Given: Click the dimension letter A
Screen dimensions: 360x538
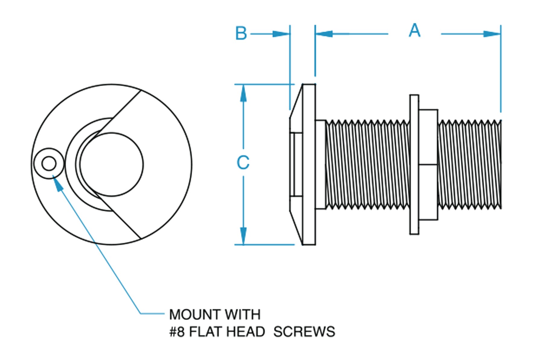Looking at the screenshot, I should pos(414,31).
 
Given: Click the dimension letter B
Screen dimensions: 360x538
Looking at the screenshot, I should pos(241,33).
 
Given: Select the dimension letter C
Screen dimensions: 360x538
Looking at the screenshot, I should pos(243,163).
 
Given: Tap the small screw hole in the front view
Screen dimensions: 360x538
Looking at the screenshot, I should pos(49,164).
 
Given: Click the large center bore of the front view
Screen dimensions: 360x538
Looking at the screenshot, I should pos(112,164).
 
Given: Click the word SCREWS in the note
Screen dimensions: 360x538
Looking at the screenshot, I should pos(304,332).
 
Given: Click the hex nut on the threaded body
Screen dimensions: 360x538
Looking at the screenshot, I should pos(428,164).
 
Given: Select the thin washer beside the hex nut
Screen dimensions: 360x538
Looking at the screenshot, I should pos(414,164).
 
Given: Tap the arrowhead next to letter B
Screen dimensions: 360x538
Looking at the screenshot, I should pos(281,34).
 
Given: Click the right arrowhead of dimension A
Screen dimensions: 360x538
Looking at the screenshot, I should pos(492,34).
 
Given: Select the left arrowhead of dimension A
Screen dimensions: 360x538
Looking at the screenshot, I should pos(324,34).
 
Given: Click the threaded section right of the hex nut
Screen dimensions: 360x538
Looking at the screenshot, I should pos(469,164).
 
